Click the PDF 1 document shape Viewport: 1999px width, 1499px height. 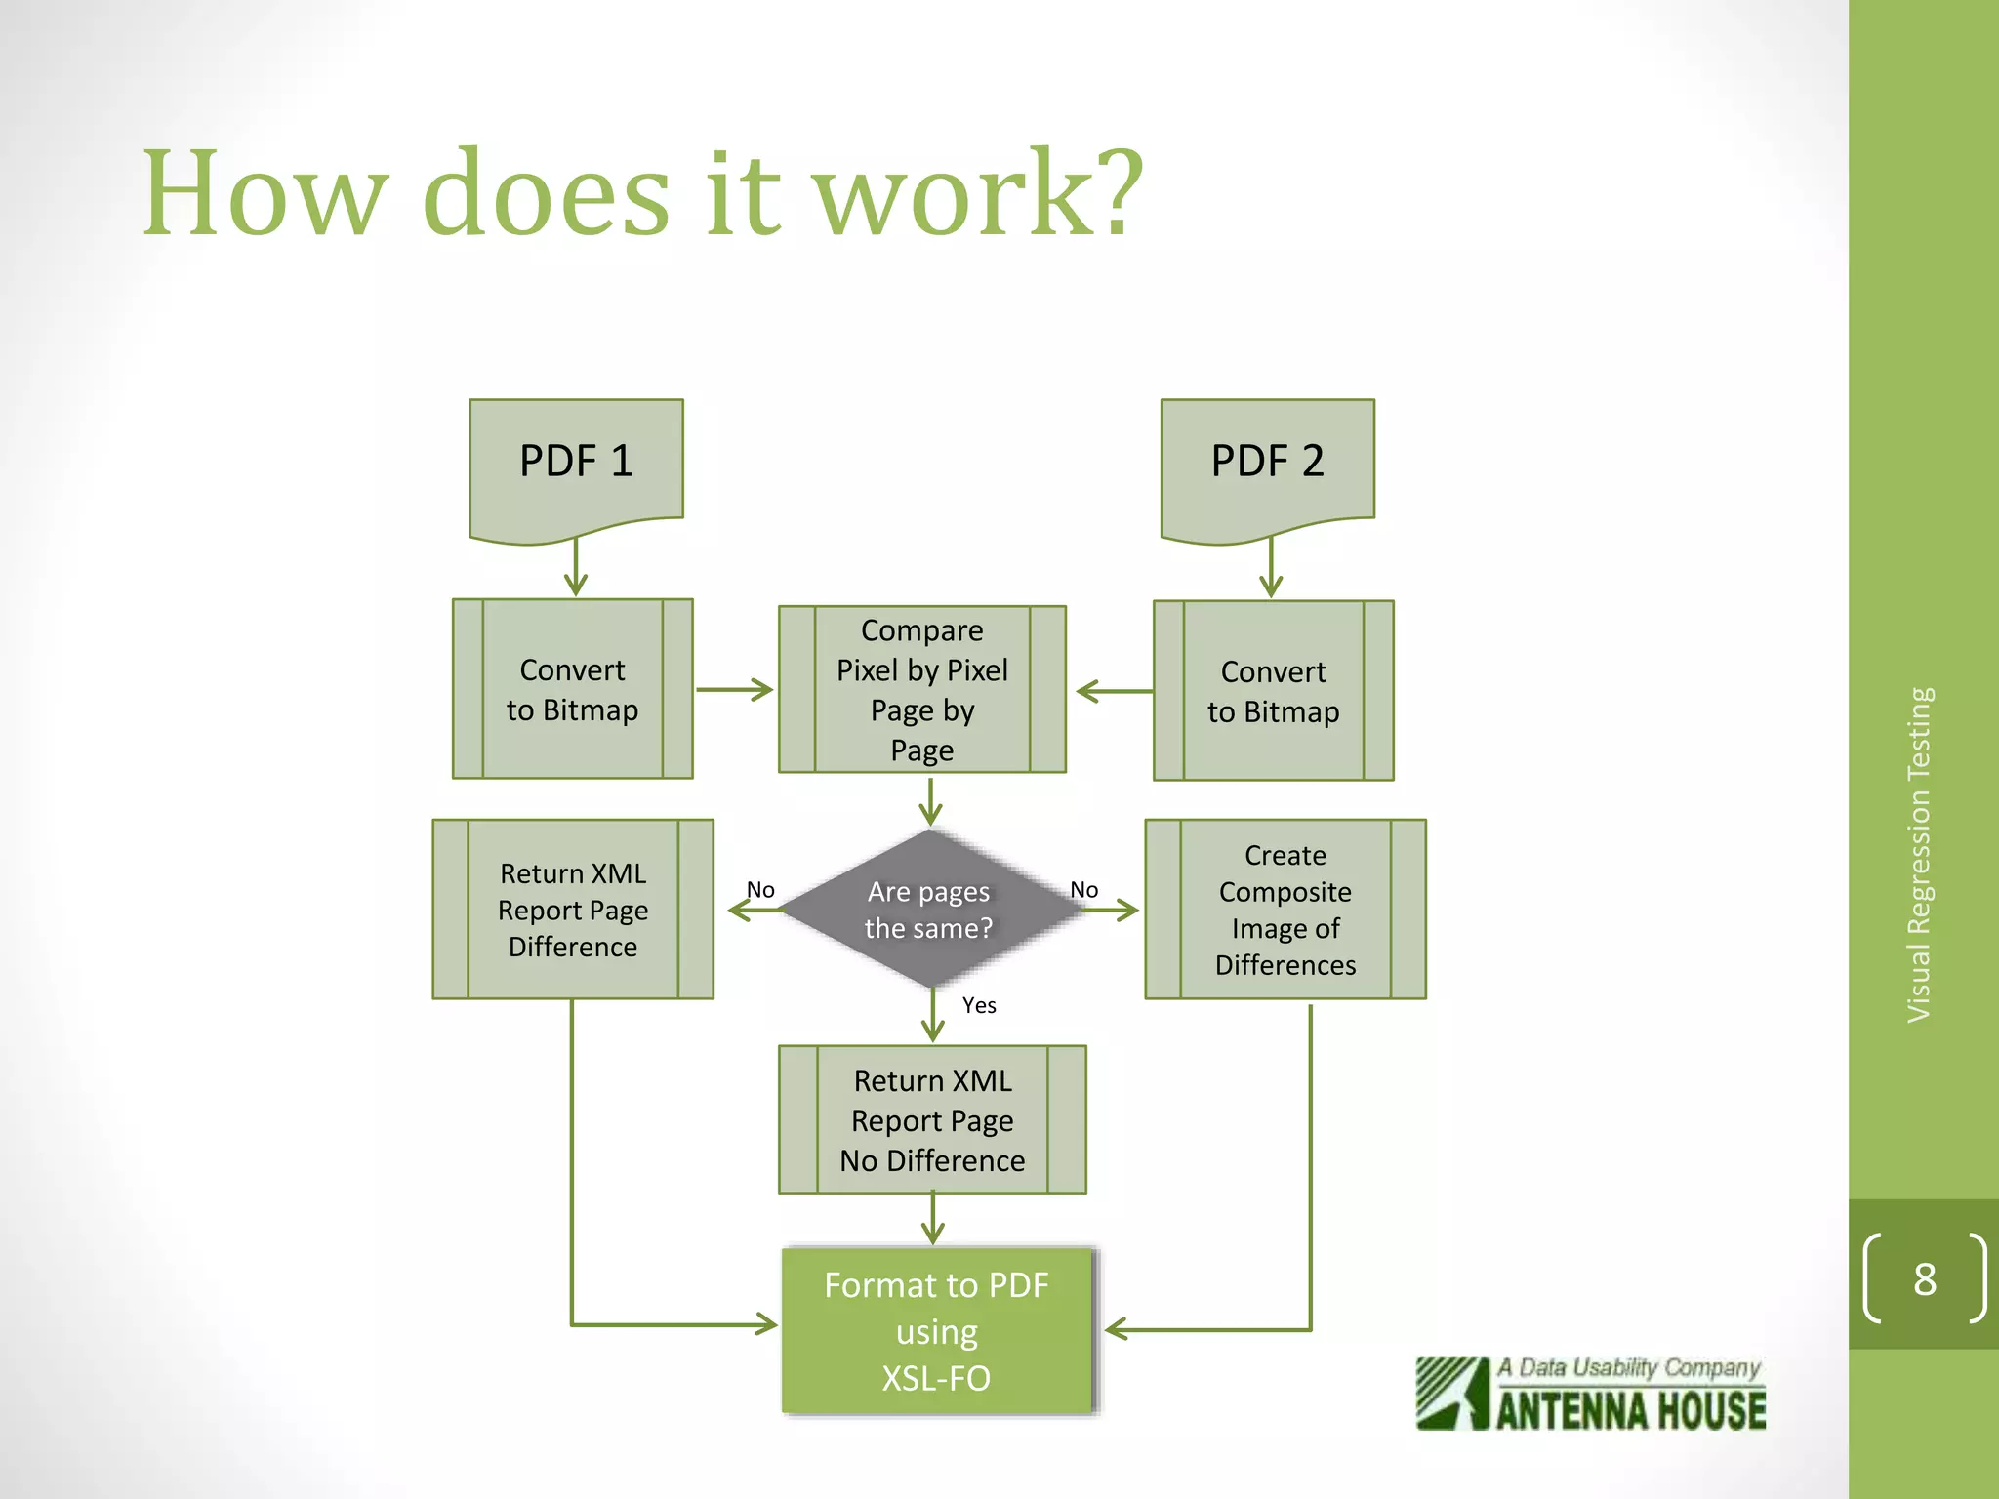(576, 463)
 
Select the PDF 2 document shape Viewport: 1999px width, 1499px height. (1267, 463)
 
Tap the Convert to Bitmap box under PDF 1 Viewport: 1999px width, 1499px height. (573, 689)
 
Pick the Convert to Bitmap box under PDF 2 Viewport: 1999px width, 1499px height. (1273, 691)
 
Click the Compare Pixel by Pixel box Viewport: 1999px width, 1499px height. (921, 689)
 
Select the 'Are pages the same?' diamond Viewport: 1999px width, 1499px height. (929, 910)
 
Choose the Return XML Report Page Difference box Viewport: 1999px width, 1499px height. (573, 910)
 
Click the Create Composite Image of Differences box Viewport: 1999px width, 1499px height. (1285, 910)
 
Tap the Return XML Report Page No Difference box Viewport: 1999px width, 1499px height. (932, 1119)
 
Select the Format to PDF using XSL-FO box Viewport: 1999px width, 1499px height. (936, 1331)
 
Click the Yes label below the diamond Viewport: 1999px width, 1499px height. (979, 1005)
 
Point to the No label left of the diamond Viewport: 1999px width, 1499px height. (760, 890)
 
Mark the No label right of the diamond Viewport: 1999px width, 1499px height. (1083, 890)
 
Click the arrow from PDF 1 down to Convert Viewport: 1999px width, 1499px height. (576, 568)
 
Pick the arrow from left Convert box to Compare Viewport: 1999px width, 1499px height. (734, 690)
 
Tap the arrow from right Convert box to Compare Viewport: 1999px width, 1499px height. (1115, 691)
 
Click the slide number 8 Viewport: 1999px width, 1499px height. (1924, 1279)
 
